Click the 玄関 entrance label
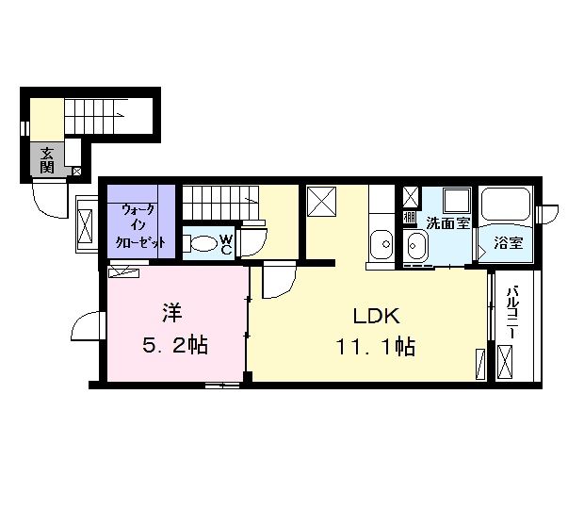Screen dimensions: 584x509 (x=47, y=160)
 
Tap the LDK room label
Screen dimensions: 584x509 (x=377, y=317)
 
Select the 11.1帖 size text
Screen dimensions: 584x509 (x=376, y=347)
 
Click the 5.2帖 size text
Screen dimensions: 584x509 (x=175, y=345)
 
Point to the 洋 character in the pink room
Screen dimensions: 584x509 (x=172, y=313)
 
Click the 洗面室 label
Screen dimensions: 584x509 (x=448, y=223)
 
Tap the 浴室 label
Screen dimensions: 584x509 (x=509, y=243)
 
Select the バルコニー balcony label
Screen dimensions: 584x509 (x=514, y=311)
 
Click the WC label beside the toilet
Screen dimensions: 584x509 (x=226, y=244)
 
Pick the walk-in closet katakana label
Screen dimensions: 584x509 (x=140, y=226)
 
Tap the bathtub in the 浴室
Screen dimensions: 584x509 (x=506, y=205)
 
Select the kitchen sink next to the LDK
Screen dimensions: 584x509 (x=381, y=244)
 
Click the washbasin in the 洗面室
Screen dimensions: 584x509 (x=417, y=245)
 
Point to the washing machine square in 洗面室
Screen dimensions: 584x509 (x=457, y=201)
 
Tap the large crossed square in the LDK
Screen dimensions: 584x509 (x=322, y=201)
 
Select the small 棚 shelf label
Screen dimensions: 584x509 (x=410, y=217)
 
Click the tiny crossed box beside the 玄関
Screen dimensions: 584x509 (x=76, y=172)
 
